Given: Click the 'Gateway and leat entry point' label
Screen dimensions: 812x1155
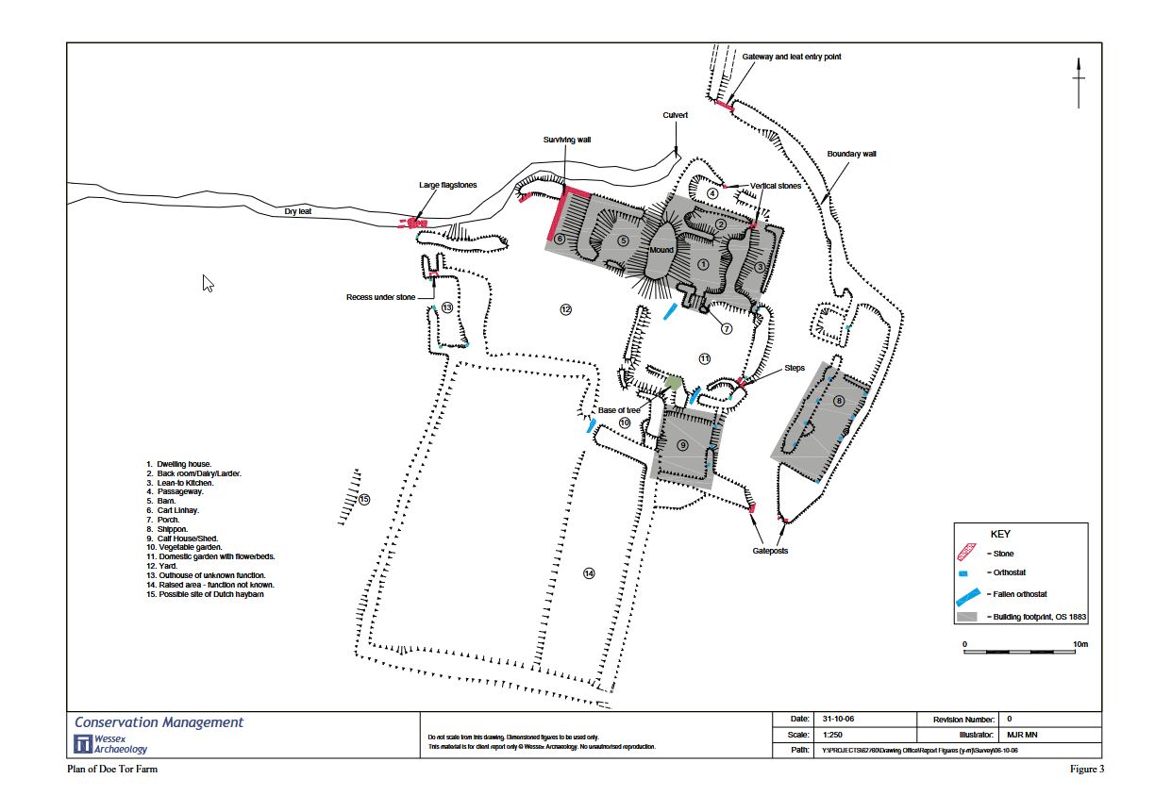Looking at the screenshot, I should coord(791,57).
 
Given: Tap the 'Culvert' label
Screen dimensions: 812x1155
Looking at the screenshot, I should coord(675,115).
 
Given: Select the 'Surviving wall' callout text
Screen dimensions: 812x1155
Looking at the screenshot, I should coord(566,139).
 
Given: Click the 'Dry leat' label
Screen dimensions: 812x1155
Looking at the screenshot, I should coord(298,211).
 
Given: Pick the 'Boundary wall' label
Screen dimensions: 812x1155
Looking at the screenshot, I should coord(851,154).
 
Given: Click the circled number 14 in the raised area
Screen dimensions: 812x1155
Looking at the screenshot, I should coord(589,573).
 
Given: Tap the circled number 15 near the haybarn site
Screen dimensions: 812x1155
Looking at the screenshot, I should coord(364,499).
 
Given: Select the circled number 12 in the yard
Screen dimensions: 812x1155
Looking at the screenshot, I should coord(565,309).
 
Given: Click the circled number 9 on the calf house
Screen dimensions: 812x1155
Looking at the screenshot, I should coord(683,444).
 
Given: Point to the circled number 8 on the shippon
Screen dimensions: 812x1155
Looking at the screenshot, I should coord(839,402).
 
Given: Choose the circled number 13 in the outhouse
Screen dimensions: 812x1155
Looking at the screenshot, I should coord(447,307).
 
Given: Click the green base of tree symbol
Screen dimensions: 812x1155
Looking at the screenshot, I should coord(673,382).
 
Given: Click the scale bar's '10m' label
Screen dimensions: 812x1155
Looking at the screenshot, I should coord(1080,644).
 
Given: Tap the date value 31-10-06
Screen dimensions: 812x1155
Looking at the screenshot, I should coord(832,720).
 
